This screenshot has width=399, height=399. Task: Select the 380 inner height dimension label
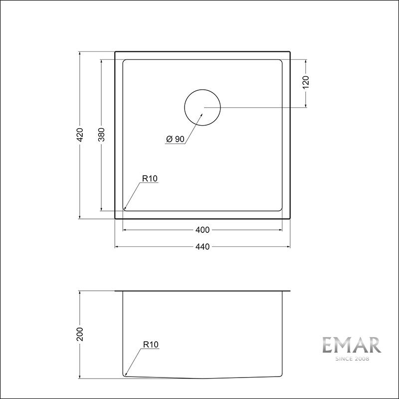[102, 135]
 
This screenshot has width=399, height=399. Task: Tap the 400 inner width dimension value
[202, 230]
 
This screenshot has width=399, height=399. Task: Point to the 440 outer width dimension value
[202, 246]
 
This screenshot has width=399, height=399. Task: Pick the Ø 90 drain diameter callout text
[175, 140]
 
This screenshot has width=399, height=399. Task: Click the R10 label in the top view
[150, 178]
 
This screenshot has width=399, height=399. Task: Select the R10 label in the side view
[150, 344]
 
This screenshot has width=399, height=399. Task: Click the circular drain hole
[202, 107]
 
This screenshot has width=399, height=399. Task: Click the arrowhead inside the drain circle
[201, 114]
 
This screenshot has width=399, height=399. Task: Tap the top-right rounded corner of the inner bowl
[280, 62]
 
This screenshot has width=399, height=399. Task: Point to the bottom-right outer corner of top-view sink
[290, 218]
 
